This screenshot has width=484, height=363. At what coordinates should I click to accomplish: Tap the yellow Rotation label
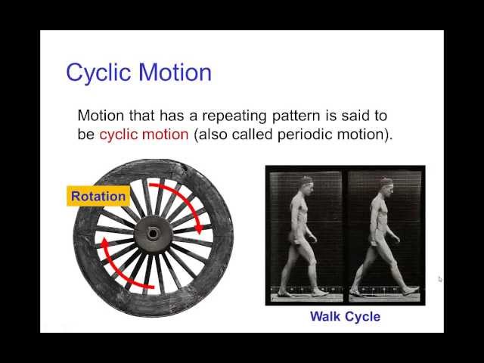click(x=98, y=196)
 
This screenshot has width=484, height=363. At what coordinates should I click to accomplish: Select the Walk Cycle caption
click(x=345, y=316)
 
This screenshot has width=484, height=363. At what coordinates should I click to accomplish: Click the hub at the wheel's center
click(x=154, y=233)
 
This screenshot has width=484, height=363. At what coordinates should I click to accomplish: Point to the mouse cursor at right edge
click(x=440, y=279)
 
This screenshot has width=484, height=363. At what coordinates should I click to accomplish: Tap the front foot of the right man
click(x=409, y=290)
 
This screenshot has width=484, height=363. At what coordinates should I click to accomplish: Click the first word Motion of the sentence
click(x=101, y=116)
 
